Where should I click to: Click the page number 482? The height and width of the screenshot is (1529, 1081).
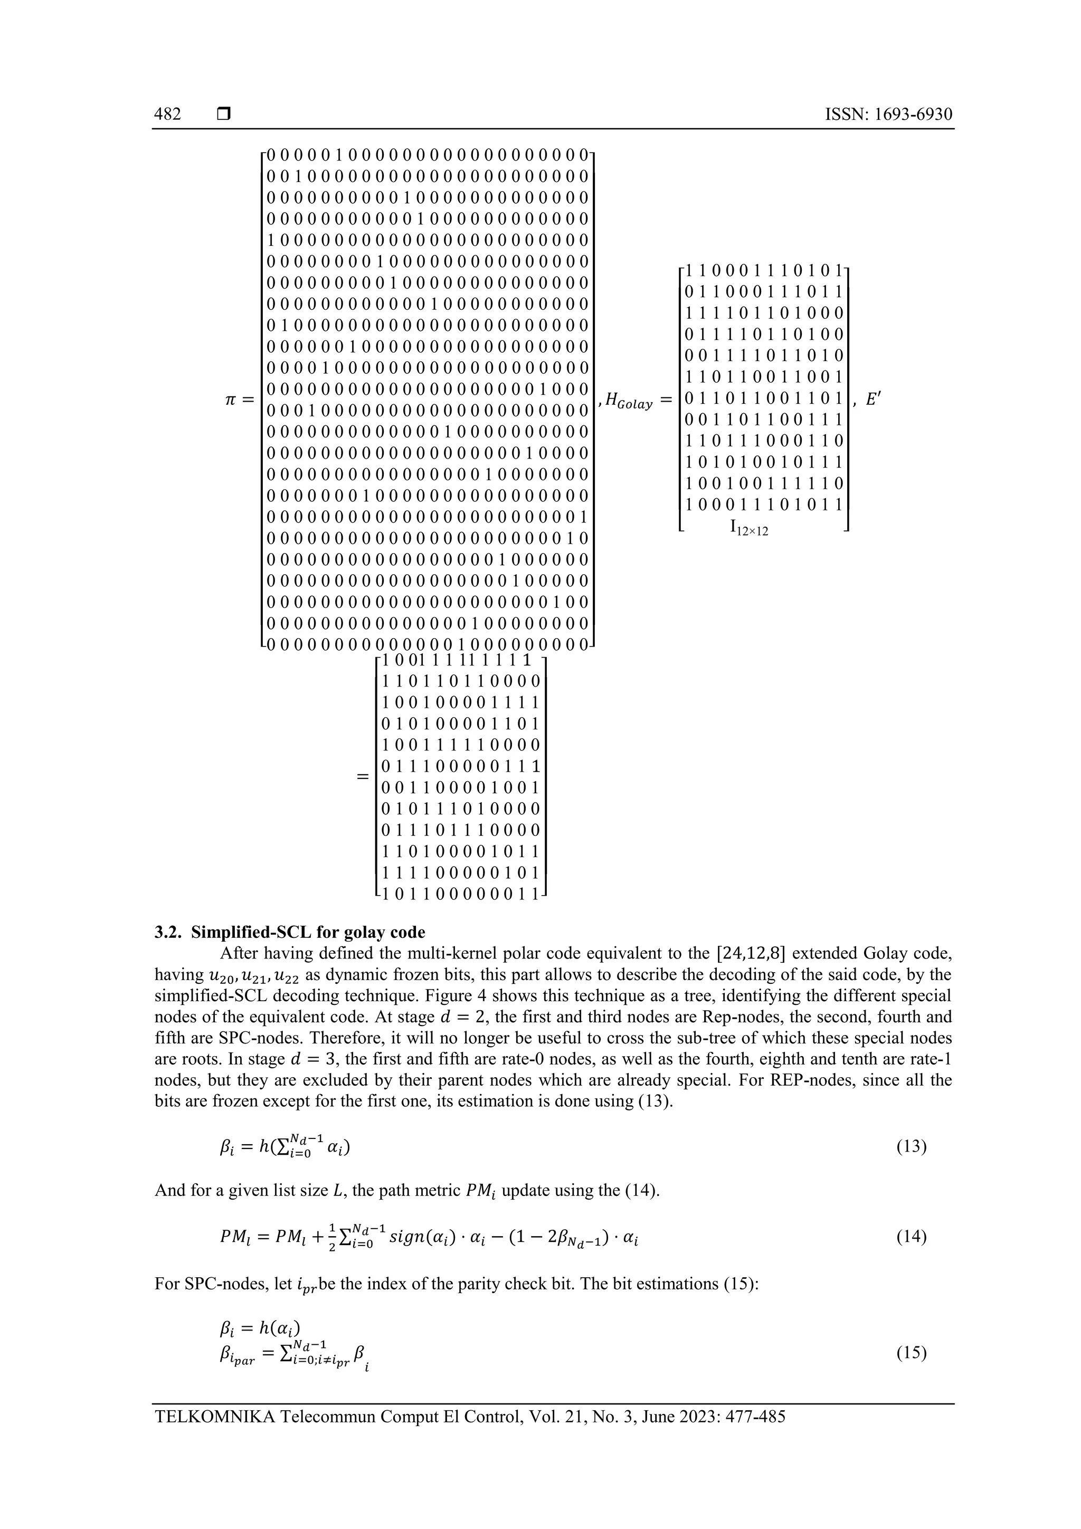pyautogui.click(x=167, y=115)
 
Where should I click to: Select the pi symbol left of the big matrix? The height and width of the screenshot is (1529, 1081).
pyautogui.click(x=230, y=400)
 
